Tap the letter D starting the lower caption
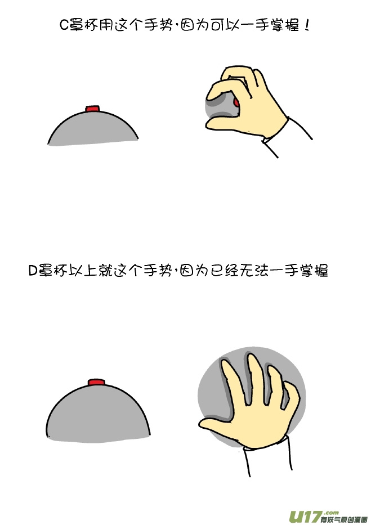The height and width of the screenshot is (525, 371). [33, 271]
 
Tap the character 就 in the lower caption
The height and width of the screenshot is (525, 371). [105, 271]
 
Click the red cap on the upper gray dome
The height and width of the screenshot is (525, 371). [92, 108]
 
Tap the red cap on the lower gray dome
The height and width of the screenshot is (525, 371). [96, 383]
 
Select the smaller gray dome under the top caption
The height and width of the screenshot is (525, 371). [93, 128]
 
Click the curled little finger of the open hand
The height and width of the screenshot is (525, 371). [290, 394]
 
